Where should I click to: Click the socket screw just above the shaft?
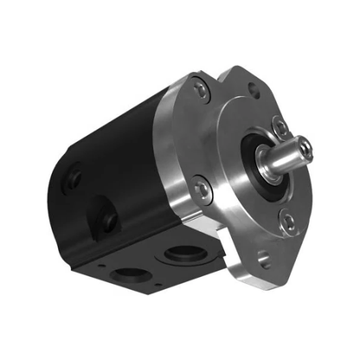click(280, 127)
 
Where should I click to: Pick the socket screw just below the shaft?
click(288, 222)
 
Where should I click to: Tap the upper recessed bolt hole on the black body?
click(74, 178)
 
